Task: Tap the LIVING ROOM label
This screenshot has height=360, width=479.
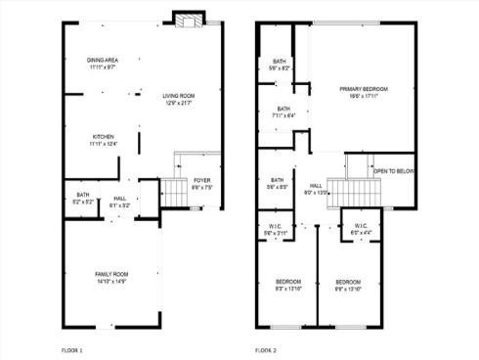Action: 178,96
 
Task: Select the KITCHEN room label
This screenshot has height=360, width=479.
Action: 103,136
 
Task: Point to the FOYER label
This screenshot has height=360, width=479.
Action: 201,180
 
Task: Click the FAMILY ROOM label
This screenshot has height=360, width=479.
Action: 109,274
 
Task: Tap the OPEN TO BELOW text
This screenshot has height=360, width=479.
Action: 394,170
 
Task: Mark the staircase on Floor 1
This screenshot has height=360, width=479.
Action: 175,193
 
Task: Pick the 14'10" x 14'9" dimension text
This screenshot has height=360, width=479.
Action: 109,282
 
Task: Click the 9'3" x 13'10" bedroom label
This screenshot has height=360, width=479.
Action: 287,282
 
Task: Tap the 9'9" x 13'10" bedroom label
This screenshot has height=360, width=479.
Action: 348,282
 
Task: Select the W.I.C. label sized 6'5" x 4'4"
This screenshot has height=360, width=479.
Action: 360,226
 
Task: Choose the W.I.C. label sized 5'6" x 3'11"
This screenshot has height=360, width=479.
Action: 276,226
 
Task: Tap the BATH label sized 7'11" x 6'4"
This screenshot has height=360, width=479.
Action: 283,109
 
